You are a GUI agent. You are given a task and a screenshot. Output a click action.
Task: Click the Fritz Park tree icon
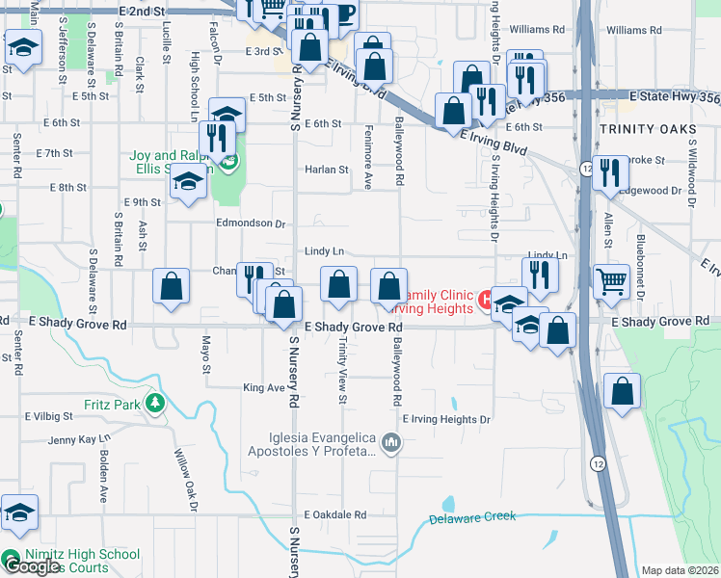(x=152, y=402)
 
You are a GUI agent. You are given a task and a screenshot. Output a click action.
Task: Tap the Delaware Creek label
(x=472, y=517)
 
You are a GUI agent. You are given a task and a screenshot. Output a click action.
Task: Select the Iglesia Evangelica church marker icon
(x=390, y=442)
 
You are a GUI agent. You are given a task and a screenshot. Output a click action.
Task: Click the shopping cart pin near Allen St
(x=611, y=280)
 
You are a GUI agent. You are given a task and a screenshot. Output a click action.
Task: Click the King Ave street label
(x=264, y=388)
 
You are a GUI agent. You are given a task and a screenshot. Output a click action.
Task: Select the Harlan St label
(x=326, y=170)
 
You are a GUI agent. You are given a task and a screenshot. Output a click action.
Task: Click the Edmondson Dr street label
(x=251, y=223)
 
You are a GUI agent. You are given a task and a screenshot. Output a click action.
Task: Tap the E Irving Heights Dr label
(x=445, y=419)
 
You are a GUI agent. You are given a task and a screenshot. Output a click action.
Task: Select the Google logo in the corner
(x=31, y=566)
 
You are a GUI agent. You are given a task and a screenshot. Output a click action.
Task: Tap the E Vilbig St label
(x=49, y=416)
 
